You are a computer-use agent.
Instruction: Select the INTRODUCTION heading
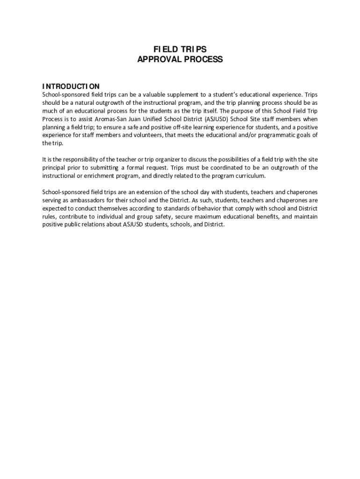coord(71,86)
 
